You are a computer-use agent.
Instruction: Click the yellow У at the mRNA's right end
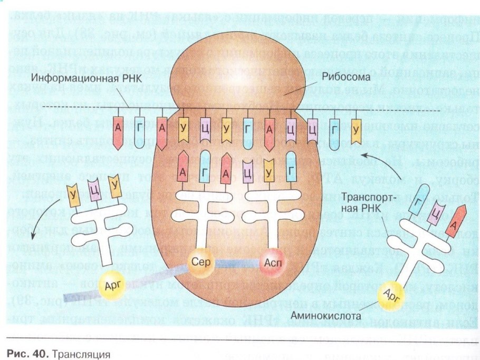(x=356, y=128)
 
